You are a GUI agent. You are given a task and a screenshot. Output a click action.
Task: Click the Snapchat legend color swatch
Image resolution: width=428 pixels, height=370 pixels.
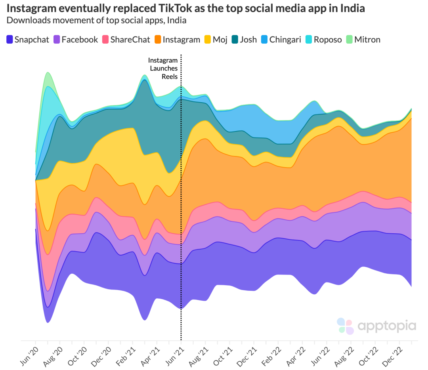[x=9, y=39]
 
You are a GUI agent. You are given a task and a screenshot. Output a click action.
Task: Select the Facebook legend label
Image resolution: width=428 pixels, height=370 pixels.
[x=80, y=39]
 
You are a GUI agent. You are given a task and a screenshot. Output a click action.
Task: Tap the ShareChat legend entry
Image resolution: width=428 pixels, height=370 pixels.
[x=130, y=39]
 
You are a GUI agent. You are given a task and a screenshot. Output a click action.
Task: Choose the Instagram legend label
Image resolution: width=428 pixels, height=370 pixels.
[x=181, y=39]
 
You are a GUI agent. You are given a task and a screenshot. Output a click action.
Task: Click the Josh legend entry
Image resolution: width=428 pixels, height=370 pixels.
[x=248, y=39]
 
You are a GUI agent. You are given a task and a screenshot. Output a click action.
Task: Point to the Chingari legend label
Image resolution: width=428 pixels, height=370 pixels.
[x=285, y=39]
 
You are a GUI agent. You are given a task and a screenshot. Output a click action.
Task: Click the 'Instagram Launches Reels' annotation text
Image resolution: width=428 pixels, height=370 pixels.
[x=163, y=69]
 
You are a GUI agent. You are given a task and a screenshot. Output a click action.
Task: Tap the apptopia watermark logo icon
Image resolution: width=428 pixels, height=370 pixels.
[x=345, y=326]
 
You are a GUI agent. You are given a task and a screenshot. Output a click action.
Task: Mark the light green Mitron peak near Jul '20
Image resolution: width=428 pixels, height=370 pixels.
[x=48, y=75]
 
